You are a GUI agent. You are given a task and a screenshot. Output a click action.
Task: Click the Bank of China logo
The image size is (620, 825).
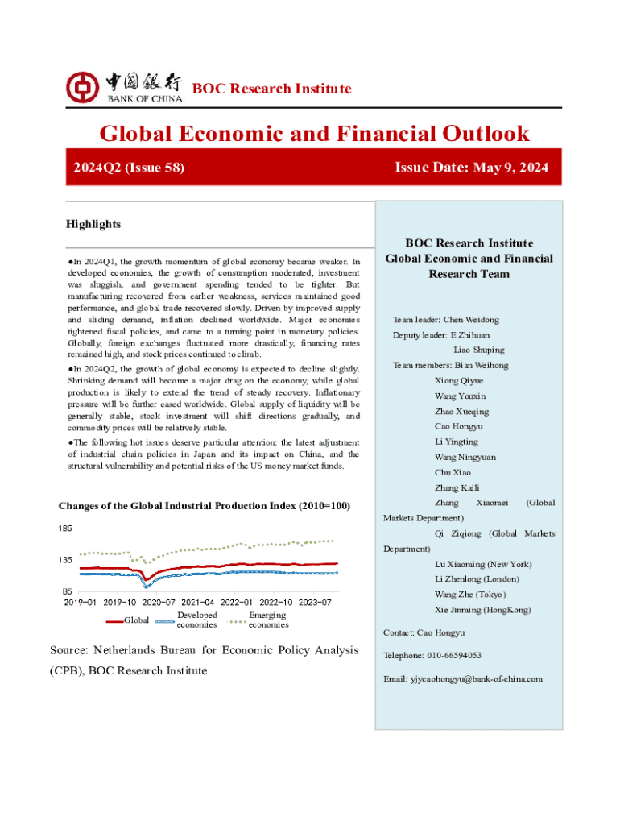[124, 86]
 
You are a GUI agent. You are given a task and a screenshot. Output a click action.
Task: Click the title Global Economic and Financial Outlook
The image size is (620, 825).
[314, 134]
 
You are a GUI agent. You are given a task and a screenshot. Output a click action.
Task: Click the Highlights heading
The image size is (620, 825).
[93, 223]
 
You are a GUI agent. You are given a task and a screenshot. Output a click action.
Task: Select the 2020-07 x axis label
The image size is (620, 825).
[159, 601]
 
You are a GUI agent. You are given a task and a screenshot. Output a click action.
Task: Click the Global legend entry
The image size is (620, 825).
[136, 620]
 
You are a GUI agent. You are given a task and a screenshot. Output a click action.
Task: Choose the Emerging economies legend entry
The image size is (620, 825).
[269, 620]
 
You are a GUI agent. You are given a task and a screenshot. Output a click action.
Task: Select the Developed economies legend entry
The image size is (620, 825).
[196, 620]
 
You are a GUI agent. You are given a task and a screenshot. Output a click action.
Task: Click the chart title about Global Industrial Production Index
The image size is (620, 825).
[205, 506]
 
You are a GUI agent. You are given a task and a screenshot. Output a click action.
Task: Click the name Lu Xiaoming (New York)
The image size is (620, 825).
[482, 564]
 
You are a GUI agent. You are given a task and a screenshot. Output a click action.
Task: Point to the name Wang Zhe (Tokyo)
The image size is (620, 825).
[470, 595]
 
